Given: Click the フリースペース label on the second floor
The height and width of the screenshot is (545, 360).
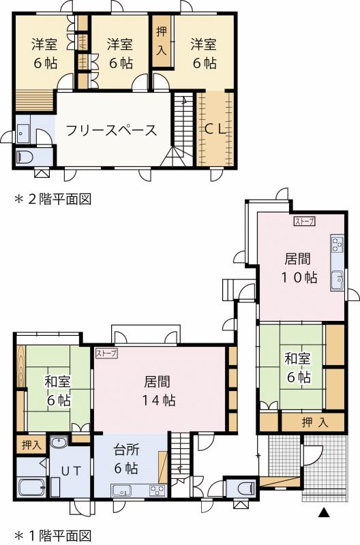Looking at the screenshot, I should tap(112, 130).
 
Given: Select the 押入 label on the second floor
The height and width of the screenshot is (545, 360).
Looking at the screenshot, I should tap(162, 42).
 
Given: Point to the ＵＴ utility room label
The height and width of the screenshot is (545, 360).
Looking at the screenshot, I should tap(72, 471).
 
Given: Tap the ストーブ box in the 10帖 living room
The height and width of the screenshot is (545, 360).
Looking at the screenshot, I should tap(305, 221).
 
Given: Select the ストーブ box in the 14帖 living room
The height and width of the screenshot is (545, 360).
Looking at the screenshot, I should tap(106, 353).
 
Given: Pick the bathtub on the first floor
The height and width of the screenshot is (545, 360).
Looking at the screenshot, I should tap(31, 488).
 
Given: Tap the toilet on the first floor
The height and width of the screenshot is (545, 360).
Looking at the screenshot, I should tap(243, 488).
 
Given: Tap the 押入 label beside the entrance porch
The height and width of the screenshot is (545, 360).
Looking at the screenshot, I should tap(314, 422).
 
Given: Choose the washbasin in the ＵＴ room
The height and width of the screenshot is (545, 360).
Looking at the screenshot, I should tap(59, 444).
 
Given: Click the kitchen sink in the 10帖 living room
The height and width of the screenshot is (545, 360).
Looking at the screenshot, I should tap(337, 279).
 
